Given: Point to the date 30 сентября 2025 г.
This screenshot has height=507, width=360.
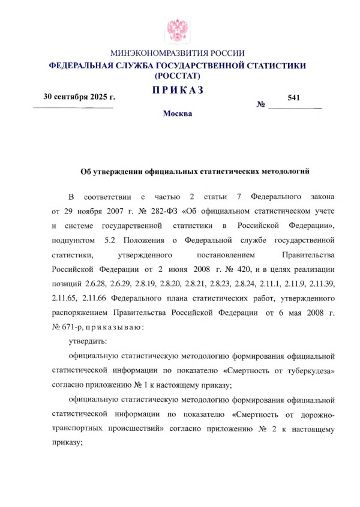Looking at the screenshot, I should [x=79, y=97].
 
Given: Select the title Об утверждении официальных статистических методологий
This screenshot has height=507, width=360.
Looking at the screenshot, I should [x=194, y=172].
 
